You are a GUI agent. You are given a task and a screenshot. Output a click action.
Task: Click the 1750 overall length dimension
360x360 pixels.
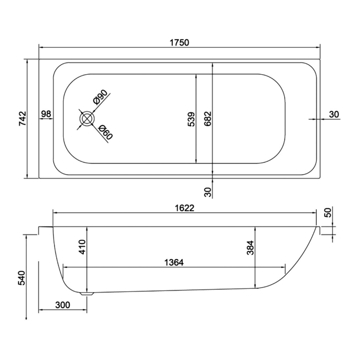coord(179,43)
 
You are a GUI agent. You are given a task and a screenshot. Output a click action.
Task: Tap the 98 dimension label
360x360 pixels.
coord(46,114)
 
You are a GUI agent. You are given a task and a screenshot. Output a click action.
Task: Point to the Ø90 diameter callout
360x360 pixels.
coord(100,97)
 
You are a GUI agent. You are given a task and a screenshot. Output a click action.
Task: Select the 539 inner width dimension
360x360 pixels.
coord(191,119)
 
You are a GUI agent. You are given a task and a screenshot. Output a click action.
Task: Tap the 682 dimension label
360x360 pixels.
coord(207,119)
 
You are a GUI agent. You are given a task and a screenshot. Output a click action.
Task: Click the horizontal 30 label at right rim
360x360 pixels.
coord(333,114)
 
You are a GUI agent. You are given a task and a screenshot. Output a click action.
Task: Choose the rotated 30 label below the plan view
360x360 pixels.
coord(207,192)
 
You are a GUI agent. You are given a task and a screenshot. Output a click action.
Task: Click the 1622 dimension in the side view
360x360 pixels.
coord(184,207)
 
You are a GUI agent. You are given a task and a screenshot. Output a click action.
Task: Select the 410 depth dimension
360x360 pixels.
coord(82,247)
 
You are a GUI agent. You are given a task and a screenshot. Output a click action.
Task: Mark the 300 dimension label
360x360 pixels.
coord(63,305)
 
